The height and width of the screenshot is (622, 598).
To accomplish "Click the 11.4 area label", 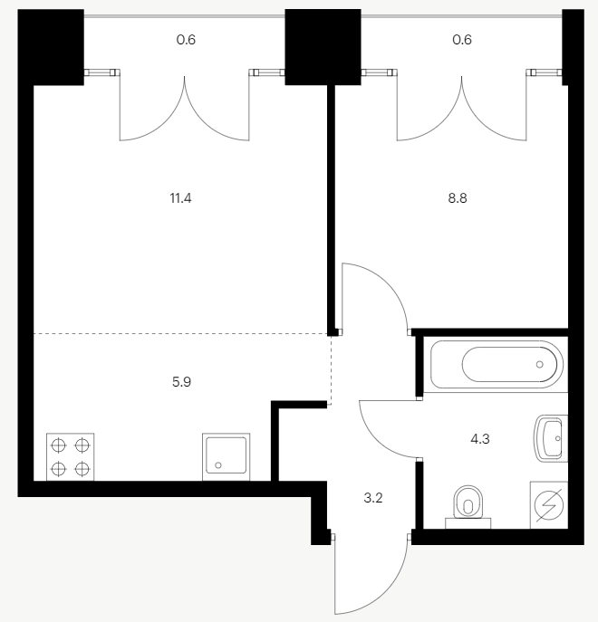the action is click(180, 198).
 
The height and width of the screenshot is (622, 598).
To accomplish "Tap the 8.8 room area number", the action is click(458, 198).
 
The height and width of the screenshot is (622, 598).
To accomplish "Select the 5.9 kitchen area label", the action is click(181, 381).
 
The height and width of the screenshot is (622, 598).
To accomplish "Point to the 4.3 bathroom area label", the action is click(480, 439).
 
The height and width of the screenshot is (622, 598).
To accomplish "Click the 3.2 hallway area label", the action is click(373, 498).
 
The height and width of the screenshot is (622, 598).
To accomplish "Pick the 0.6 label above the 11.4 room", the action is click(186, 40).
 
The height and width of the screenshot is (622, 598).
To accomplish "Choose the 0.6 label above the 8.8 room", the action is click(462, 40).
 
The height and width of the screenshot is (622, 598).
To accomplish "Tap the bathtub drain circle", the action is click(540, 364).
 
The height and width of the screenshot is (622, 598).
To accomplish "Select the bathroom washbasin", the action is click(551, 438).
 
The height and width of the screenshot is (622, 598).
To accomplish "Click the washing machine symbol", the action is click(549, 505).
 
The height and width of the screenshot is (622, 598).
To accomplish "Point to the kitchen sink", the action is click(226, 456).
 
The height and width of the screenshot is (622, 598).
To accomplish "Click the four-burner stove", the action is click(71, 456).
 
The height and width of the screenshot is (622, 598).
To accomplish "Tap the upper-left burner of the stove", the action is click(58, 445).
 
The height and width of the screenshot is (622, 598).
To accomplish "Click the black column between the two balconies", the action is click(323, 47).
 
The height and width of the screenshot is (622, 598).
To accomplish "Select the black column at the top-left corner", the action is click(51, 47).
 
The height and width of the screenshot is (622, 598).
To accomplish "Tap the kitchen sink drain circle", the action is click(218, 465).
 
